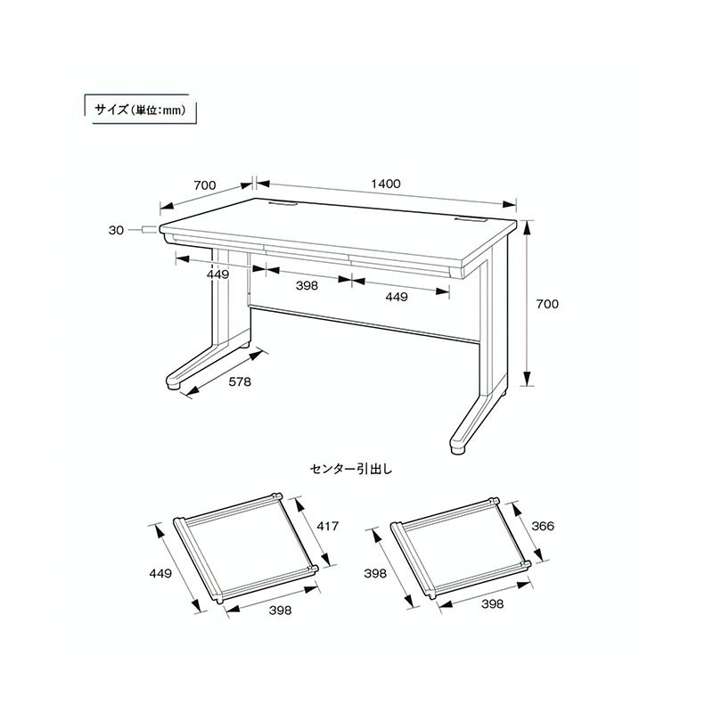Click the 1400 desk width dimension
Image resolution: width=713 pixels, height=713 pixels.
tap(386, 184)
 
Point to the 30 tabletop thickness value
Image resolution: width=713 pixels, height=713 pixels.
tap(116, 231)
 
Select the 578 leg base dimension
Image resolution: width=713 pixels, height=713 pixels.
tap(240, 382)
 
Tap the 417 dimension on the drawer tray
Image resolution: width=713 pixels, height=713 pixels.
tap(327, 526)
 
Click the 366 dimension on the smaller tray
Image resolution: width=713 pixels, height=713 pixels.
tap(543, 526)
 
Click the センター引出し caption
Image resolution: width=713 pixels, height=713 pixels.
tap(350, 469)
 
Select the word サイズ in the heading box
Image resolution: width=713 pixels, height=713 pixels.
tap(111, 110)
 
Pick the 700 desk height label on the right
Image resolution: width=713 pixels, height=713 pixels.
tap(547, 304)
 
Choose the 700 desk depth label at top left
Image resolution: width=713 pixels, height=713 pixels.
tap(205, 185)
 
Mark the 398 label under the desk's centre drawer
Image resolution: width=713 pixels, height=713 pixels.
tap(307, 285)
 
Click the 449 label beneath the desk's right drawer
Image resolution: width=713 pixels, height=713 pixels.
tap(397, 297)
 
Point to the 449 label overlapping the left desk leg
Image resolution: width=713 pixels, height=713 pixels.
tap(217, 275)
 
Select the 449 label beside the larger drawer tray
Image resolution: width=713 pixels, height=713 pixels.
tap(160, 573)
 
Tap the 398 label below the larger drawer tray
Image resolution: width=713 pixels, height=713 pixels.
tap(280, 611)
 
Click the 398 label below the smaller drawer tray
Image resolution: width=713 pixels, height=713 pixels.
tap(493, 604)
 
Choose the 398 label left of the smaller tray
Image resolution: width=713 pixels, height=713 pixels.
tap(375, 573)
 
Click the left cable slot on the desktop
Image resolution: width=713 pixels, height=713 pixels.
tap(282, 205)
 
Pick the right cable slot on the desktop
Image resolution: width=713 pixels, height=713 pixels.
tap(471, 220)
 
